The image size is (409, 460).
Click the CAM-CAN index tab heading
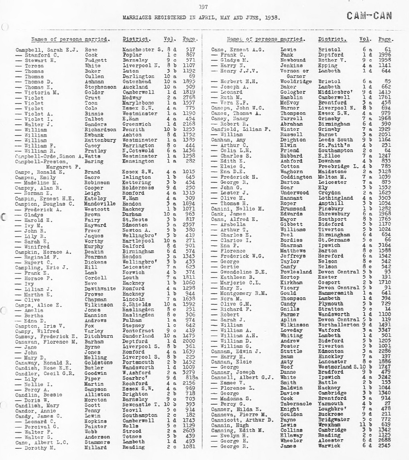coord(370,16)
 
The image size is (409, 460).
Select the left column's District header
coord(137,39)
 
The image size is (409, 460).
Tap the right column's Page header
coord(386,39)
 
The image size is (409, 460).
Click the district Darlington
coord(138,76)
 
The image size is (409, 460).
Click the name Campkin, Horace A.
coord(43,252)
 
